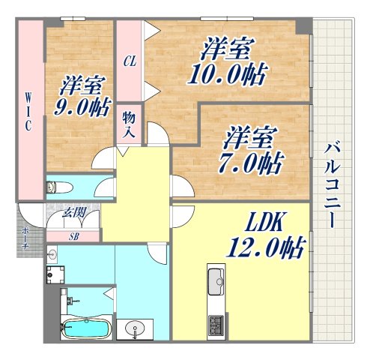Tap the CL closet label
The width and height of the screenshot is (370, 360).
tap(130, 61)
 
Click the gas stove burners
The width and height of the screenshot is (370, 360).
tap(216, 325)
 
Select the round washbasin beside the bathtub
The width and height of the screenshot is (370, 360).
tap(135, 328)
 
